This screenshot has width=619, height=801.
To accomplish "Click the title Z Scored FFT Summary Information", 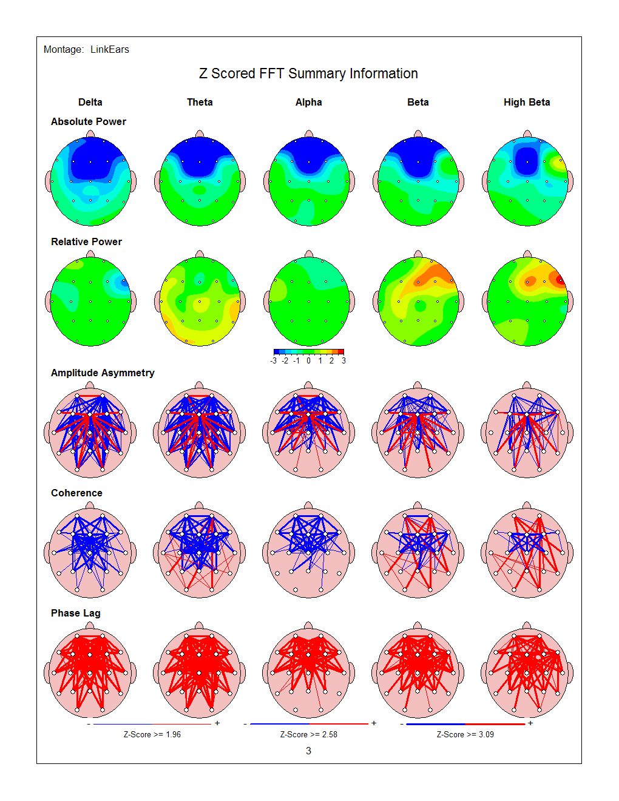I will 308,73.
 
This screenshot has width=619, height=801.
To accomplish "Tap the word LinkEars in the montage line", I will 110,50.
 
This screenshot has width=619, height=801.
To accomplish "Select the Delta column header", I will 90,102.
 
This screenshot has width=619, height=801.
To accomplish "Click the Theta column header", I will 200,102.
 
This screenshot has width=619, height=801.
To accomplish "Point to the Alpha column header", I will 308,102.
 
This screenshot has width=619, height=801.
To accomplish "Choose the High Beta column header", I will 527,102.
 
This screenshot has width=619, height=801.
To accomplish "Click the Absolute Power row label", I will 89,121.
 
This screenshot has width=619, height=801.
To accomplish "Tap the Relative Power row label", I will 86,242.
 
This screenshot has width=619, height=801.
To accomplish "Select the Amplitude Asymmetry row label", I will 103,373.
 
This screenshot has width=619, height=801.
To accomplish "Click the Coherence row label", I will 76,493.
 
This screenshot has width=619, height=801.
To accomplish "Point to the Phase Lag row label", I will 76,613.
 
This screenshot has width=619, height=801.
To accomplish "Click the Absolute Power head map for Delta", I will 90,181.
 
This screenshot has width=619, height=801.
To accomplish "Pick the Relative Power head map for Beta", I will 418,301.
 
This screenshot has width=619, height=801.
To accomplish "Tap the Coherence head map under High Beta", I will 527,552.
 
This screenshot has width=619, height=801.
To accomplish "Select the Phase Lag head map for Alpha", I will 308,672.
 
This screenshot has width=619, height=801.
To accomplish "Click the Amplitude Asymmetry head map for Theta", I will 200,432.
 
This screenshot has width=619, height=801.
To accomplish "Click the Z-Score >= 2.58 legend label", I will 308,734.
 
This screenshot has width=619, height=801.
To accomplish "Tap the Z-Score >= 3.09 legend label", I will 465,734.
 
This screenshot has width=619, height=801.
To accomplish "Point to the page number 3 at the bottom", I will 308,751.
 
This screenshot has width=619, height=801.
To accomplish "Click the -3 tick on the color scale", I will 274,360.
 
